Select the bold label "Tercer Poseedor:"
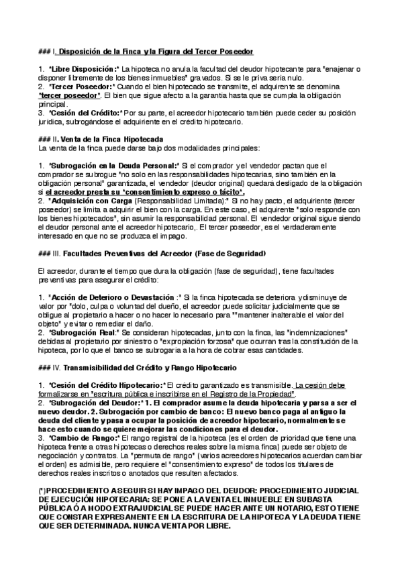click(x=81, y=87)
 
